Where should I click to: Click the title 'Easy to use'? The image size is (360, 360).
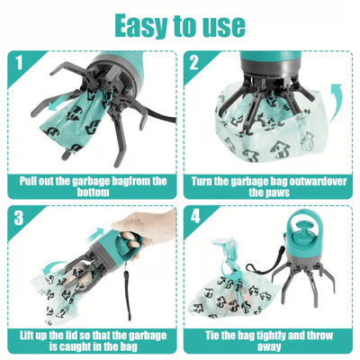[179, 24]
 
